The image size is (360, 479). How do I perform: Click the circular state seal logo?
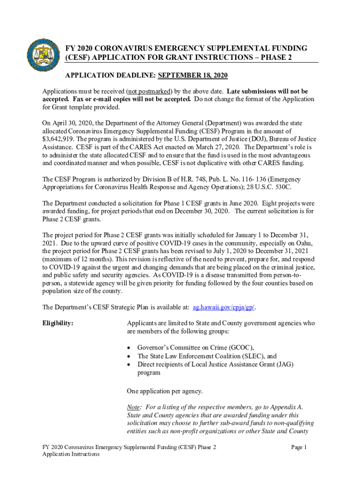pos(43,54)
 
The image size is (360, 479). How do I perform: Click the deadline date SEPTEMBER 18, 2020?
pos(193,76)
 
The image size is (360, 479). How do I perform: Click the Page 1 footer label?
pos(298,448)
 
